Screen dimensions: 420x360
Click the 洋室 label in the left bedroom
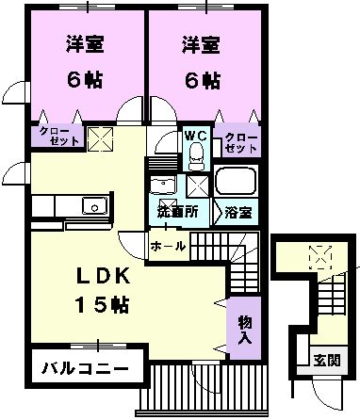[x=84, y=43]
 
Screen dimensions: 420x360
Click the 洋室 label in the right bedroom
[x=200, y=43]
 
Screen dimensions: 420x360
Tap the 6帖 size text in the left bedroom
[x=84, y=79]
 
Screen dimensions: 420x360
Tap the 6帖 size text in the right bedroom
[x=200, y=79]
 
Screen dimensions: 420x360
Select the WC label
[x=194, y=135]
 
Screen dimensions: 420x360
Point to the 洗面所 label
[x=177, y=213]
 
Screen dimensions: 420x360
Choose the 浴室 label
[x=237, y=213]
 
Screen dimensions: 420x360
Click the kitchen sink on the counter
[x=92, y=206]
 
